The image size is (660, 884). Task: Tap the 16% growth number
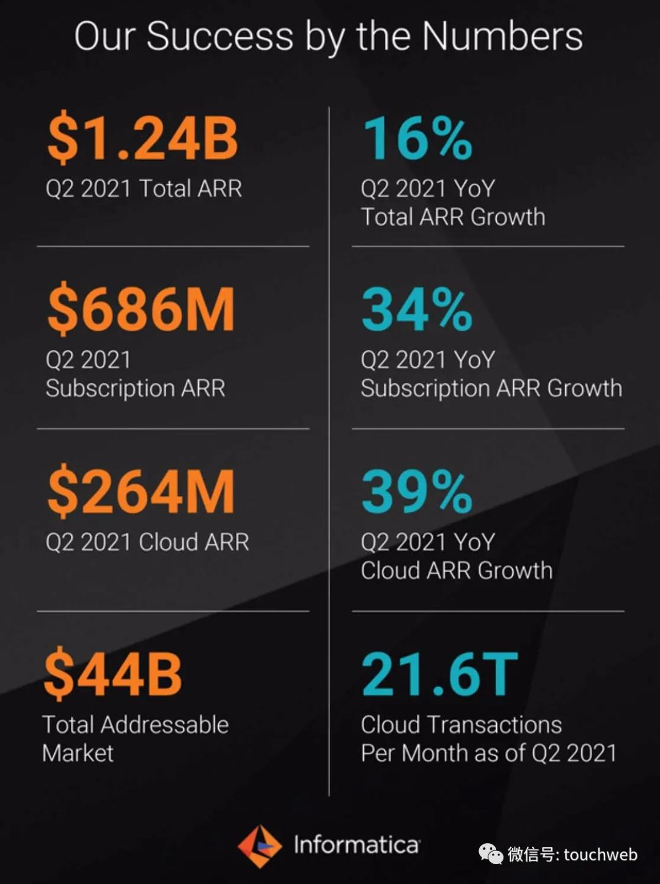click(x=417, y=139)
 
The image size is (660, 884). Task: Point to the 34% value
click(x=417, y=310)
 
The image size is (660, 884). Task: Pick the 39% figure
click(x=417, y=492)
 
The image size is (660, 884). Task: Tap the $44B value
click(x=113, y=674)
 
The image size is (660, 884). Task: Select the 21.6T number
click(x=439, y=674)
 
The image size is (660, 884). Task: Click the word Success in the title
click(x=220, y=37)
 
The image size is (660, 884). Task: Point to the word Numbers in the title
click(x=502, y=37)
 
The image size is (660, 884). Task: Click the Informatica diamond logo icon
click(x=260, y=846)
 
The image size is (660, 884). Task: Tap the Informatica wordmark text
click(x=356, y=845)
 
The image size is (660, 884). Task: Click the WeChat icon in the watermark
click(x=491, y=853)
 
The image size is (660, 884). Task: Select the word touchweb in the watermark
click(x=600, y=854)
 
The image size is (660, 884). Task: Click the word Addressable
click(x=164, y=725)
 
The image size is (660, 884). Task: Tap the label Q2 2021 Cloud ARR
click(x=147, y=542)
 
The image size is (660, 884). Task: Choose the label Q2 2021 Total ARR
click(x=144, y=188)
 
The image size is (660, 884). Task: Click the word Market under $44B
click(x=78, y=753)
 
